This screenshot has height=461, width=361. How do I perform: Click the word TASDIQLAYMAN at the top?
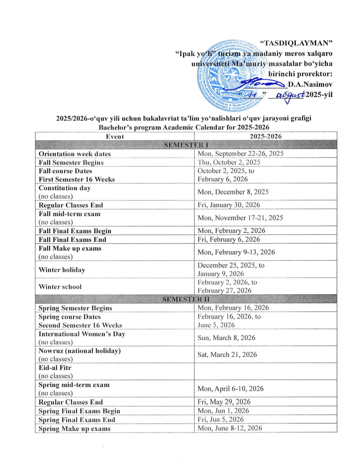tap(296, 43)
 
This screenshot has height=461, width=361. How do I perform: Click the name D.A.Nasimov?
tap(310, 85)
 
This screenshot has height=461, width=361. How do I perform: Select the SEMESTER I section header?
tap(186, 145)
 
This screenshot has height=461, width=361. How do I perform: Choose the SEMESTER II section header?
tap(186, 299)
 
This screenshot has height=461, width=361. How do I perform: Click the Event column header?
tap(115, 136)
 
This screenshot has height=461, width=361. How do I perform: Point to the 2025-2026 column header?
tap(266, 136)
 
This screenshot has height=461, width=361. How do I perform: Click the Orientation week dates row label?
tap(75, 154)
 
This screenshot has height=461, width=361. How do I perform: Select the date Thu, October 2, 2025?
tap(229, 162)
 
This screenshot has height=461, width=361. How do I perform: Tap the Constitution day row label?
tap(65, 188)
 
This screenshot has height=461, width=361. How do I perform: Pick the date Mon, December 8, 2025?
tap(233, 192)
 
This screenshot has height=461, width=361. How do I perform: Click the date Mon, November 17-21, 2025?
tap(240, 218)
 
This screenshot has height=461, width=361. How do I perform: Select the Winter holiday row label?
tap(62, 270)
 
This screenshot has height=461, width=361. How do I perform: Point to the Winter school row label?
tap(60, 287)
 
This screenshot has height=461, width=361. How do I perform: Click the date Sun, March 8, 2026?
tap(226, 337)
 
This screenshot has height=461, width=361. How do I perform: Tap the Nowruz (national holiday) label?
tap(80, 351)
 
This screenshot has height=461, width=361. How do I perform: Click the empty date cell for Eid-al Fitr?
tap(266, 371)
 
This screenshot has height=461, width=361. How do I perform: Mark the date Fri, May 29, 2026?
tap(224, 402)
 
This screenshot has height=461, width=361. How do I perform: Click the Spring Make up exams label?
tap(75, 429)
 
